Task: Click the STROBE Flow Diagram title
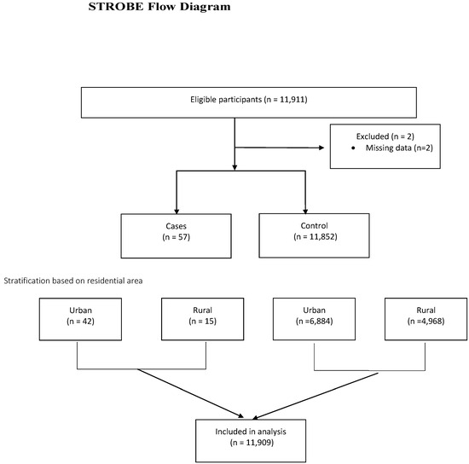point(159,7)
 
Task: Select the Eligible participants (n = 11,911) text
point(249,100)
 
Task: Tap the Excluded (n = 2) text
point(385,136)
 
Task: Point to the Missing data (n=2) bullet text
point(399,148)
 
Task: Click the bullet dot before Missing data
point(353,148)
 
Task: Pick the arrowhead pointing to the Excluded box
point(321,148)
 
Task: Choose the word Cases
point(177,226)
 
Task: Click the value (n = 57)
point(177,237)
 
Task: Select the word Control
point(314,225)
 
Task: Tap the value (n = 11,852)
point(316,236)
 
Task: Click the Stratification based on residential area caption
point(73,281)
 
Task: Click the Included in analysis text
point(251,432)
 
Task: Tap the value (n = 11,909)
point(252,443)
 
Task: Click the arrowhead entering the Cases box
point(177,212)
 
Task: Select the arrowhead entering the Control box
point(305,212)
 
